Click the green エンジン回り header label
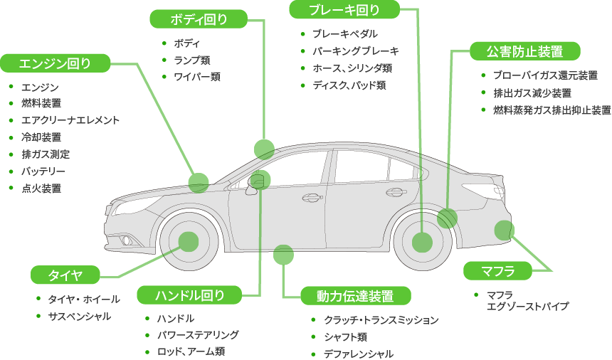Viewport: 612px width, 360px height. pyautogui.click(x=55, y=63)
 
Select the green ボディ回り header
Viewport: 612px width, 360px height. pyautogui.click(x=199, y=19)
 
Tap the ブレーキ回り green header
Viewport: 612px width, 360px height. pyautogui.click(x=344, y=10)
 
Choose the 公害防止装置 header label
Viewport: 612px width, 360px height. pyautogui.click(x=524, y=51)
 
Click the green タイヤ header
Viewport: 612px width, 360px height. pyautogui.click(x=65, y=275)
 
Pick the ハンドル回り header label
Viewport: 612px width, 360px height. pyautogui.click(x=191, y=295)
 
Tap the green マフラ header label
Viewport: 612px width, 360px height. pyautogui.click(x=497, y=271)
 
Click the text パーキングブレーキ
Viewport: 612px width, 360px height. pyautogui.click(x=355, y=51)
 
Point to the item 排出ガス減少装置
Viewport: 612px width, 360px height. pyautogui.click(x=532, y=93)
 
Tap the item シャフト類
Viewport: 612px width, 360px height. pyautogui.click(x=345, y=337)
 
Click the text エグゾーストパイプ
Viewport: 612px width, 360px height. pyautogui.click(x=527, y=307)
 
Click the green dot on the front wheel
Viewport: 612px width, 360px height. pyautogui.click(x=188, y=242)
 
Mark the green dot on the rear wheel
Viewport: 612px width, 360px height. pyautogui.click(x=422, y=243)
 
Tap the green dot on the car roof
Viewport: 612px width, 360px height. pyautogui.click(x=264, y=149)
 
